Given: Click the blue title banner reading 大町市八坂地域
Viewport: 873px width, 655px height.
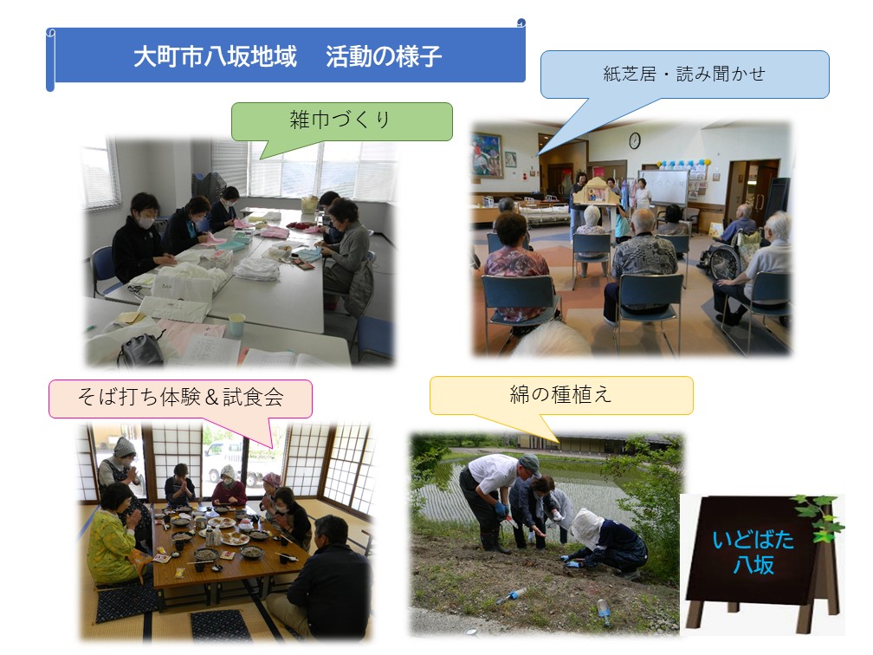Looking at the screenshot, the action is tap(286, 55).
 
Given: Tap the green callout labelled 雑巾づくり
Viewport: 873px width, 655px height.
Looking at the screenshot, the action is tap(341, 121).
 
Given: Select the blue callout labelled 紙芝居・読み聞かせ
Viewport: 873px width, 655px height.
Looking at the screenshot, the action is tap(684, 75).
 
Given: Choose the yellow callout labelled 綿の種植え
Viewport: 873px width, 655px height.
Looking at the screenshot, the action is tap(561, 395).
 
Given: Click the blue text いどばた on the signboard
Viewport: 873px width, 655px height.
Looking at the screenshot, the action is tap(753, 539).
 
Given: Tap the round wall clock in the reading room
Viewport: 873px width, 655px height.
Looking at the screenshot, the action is tap(634, 140).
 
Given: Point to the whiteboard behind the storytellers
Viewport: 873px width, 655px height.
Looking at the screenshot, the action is tap(663, 188).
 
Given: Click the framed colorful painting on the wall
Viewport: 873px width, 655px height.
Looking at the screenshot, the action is tap(487, 155).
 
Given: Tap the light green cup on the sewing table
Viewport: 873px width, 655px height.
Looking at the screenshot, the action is tap(236, 324).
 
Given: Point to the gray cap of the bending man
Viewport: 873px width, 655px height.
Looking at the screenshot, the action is tap(530, 464).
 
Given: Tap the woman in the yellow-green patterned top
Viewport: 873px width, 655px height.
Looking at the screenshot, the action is tap(115, 533).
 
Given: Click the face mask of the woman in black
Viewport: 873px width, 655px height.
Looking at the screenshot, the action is tap(145, 222).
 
